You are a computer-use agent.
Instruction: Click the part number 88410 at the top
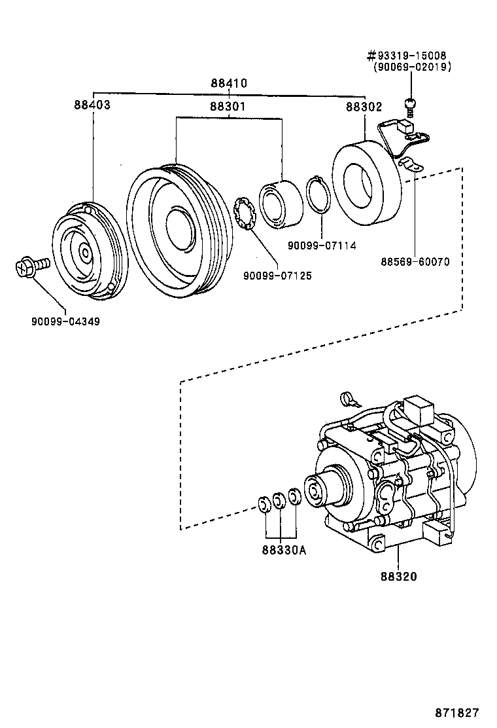coord(229,84)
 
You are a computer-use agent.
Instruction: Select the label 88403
coord(92,105)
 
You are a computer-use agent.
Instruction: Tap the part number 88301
coord(228,105)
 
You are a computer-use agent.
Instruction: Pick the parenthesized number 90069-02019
coord(412,67)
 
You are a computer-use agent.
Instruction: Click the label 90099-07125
coord(277,276)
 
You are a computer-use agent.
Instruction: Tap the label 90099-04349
coord(65,321)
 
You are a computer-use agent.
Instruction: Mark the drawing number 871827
coord(456,712)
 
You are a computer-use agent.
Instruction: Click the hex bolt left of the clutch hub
coord(30,266)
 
